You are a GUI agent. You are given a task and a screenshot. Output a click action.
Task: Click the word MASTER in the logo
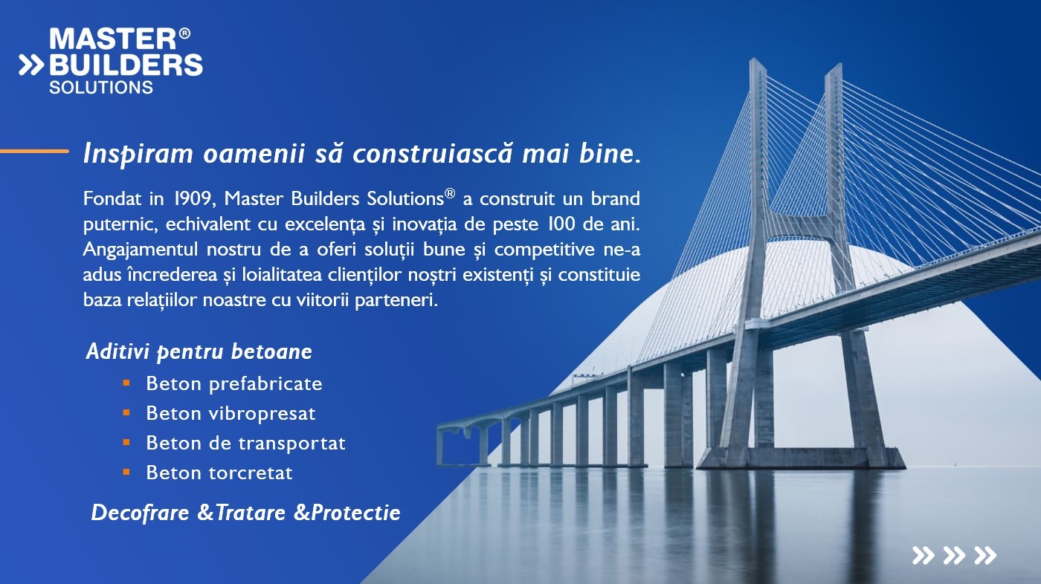[x=113, y=39]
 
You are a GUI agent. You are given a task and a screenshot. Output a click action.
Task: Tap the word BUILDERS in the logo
[x=126, y=65]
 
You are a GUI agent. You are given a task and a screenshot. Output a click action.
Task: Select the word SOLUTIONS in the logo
[x=101, y=87]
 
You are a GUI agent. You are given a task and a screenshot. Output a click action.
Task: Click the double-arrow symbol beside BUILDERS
[x=31, y=65]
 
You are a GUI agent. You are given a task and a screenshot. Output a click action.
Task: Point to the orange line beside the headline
[x=34, y=151]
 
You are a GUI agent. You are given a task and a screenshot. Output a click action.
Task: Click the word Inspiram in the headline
[x=138, y=154]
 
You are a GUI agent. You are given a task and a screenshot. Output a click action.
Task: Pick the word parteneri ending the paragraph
[x=396, y=300]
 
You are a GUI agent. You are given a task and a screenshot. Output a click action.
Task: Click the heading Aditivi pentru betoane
[x=199, y=351]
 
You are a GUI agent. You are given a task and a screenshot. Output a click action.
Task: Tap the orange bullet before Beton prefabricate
[x=126, y=383]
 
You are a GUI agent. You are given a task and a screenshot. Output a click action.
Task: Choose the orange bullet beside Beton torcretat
[x=126, y=472]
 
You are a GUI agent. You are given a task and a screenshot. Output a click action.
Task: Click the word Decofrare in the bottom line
[x=141, y=513]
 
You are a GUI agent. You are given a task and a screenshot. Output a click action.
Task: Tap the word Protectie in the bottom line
[x=355, y=513]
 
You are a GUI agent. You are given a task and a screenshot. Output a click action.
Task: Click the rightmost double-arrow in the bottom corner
[x=985, y=555]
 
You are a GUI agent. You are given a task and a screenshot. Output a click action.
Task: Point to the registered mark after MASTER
[x=184, y=33]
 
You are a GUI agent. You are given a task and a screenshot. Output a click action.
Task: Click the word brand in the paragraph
[x=616, y=198]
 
